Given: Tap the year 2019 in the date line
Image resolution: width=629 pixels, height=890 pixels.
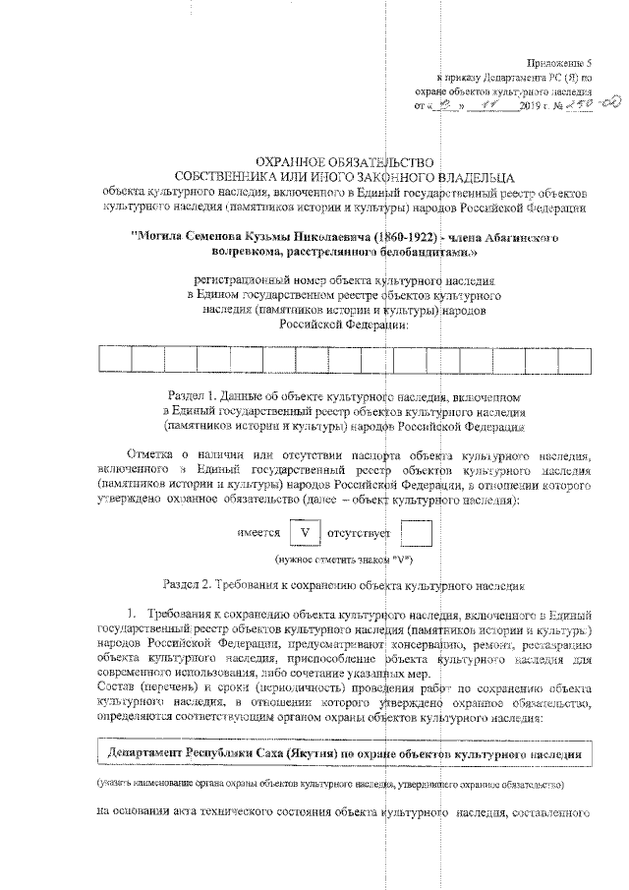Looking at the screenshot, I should click(529, 104).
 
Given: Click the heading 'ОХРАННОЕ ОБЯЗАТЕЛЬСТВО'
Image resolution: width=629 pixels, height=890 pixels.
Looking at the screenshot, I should click(343, 161).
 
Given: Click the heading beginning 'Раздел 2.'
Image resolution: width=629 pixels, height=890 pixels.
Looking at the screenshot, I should click(343, 583).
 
